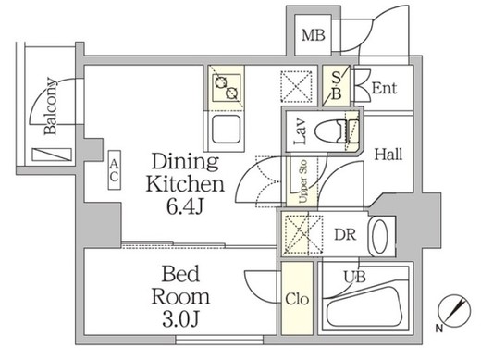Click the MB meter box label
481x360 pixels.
[314, 35]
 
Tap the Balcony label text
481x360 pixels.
[51, 106]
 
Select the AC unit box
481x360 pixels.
[114, 170]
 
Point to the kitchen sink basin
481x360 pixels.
[227, 129]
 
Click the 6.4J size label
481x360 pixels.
[185, 206]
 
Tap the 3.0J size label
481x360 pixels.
[180, 319]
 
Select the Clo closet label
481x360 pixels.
[297, 299]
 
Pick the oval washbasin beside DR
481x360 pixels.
[379, 236]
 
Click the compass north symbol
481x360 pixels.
[454, 309]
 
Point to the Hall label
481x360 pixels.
[388, 154]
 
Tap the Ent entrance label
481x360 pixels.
[384, 88]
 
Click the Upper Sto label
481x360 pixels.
[303, 181]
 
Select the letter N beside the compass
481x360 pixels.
[439, 329]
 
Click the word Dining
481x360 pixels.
[185, 162]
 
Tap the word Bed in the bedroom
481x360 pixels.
[180, 274]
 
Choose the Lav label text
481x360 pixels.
[300, 131]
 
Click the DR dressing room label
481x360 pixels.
[345, 235]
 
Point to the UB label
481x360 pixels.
[354, 277]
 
